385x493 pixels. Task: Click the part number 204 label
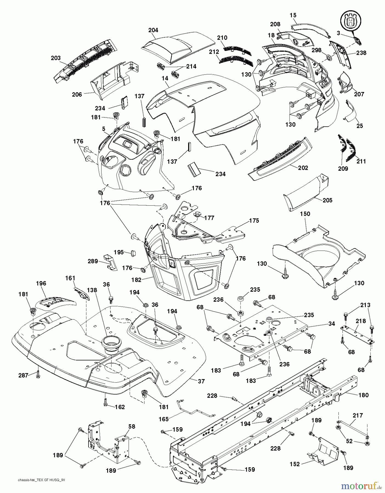153,30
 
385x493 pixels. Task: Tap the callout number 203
56,58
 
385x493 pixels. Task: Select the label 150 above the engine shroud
305,214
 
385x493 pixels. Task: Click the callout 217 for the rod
357,415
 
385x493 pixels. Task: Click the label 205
327,200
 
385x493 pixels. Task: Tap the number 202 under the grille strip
303,168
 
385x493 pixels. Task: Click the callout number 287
23,375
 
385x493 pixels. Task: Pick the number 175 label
254,220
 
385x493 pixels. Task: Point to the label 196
41,283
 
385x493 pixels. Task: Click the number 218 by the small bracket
361,321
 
